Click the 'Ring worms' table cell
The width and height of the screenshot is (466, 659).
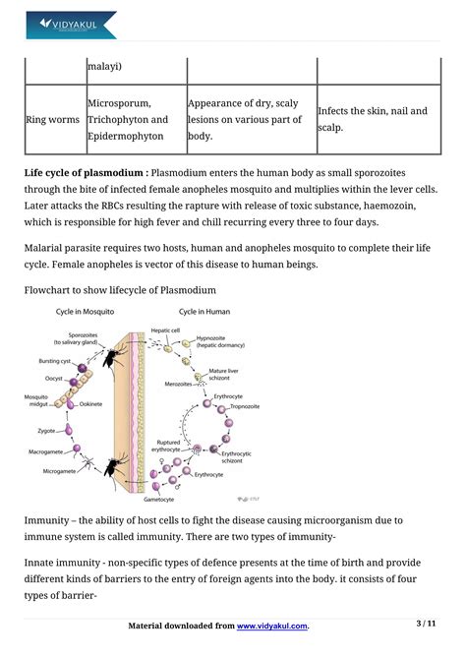pos(53,119)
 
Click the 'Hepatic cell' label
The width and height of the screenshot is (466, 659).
pos(165,330)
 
